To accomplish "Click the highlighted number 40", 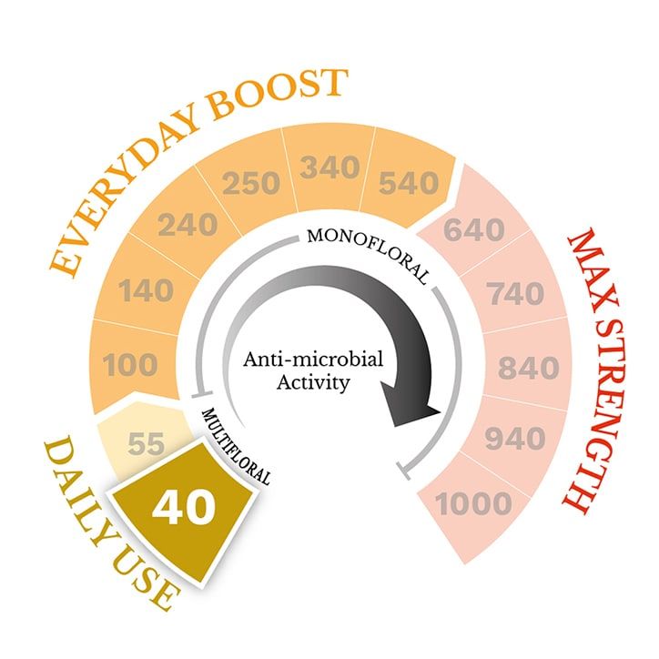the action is pyautogui.click(x=184, y=507).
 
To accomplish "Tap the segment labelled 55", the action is pyautogui.click(x=146, y=443).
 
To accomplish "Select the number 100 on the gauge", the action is pyautogui.click(x=130, y=364).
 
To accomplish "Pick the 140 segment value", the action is pyautogui.click(x=146, y=290).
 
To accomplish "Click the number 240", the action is pyautogui.click(x=188, y=225).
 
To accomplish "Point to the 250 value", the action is pyautogui.click(x=251, y=183).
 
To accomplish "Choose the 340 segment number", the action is pyautogui.click(x=329, y=167).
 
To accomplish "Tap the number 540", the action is pyautogui.click(x=409, y=183).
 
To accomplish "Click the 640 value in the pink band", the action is pyautogui.click(x=474, y=230).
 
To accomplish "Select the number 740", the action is pyautogui.click(x=516, y=293).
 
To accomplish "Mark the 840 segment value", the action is pyautogui.click(x=528, y=368).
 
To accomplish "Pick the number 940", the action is pyautogui.click(x=515, y=439).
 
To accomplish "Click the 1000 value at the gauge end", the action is pyautogui.click(x=473, y=503).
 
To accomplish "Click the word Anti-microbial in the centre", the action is pyautogui.click(x=313, y=360).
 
